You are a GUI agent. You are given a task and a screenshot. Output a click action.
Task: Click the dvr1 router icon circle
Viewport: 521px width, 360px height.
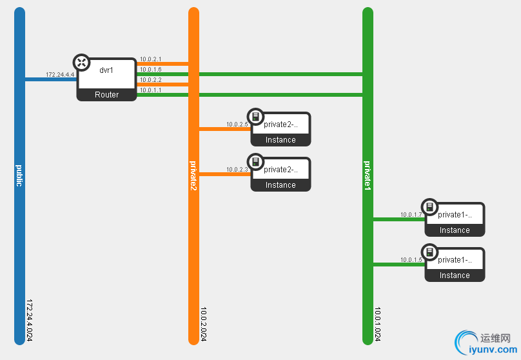(x=81, y=63)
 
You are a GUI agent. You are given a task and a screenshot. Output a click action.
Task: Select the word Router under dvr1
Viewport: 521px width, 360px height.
(x=107, y=95)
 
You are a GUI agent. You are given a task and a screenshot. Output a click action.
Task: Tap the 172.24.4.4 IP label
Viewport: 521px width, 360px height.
(x=60, y=75)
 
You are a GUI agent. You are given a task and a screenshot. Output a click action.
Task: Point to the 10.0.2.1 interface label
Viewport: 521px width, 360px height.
(x=150, y=59)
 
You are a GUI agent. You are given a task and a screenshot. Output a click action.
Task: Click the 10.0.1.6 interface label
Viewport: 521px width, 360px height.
(x=150, y=70)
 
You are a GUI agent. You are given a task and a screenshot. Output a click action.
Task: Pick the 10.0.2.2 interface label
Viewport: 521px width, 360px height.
(x=150, y=80)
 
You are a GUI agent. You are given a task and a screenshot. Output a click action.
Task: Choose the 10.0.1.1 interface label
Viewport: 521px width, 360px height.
(x=150, y=90)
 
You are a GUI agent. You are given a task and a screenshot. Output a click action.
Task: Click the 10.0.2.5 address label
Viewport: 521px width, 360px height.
(x=237, y=125)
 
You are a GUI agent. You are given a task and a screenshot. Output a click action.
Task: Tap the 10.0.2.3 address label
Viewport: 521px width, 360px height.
(x=237, y=170)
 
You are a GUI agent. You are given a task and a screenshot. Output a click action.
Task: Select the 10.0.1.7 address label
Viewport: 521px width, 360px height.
(x=411, y=215)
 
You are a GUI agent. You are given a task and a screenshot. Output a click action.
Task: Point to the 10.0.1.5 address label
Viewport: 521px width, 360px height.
(x=411, y=260)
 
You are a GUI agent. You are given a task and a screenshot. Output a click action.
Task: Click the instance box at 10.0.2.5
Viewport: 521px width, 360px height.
(x=281, y=129)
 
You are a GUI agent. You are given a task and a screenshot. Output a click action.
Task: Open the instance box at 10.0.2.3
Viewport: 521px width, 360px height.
(x=281, y=174)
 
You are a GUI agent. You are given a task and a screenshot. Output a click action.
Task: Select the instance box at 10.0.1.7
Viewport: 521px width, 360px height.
(x=455, y=219)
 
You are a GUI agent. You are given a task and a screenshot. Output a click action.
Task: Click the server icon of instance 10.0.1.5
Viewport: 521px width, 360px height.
(x=429, y=252)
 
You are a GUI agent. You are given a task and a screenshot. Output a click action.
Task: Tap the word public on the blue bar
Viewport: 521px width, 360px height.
(x=19, y=175)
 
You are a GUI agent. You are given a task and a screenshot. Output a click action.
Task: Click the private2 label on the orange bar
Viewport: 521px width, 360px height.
(x=193, y=175)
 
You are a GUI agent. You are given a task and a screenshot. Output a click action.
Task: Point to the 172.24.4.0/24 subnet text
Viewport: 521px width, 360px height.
(x=30, y=321)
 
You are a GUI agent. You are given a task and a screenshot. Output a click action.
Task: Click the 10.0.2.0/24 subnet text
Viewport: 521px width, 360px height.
(x=204, y=325)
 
